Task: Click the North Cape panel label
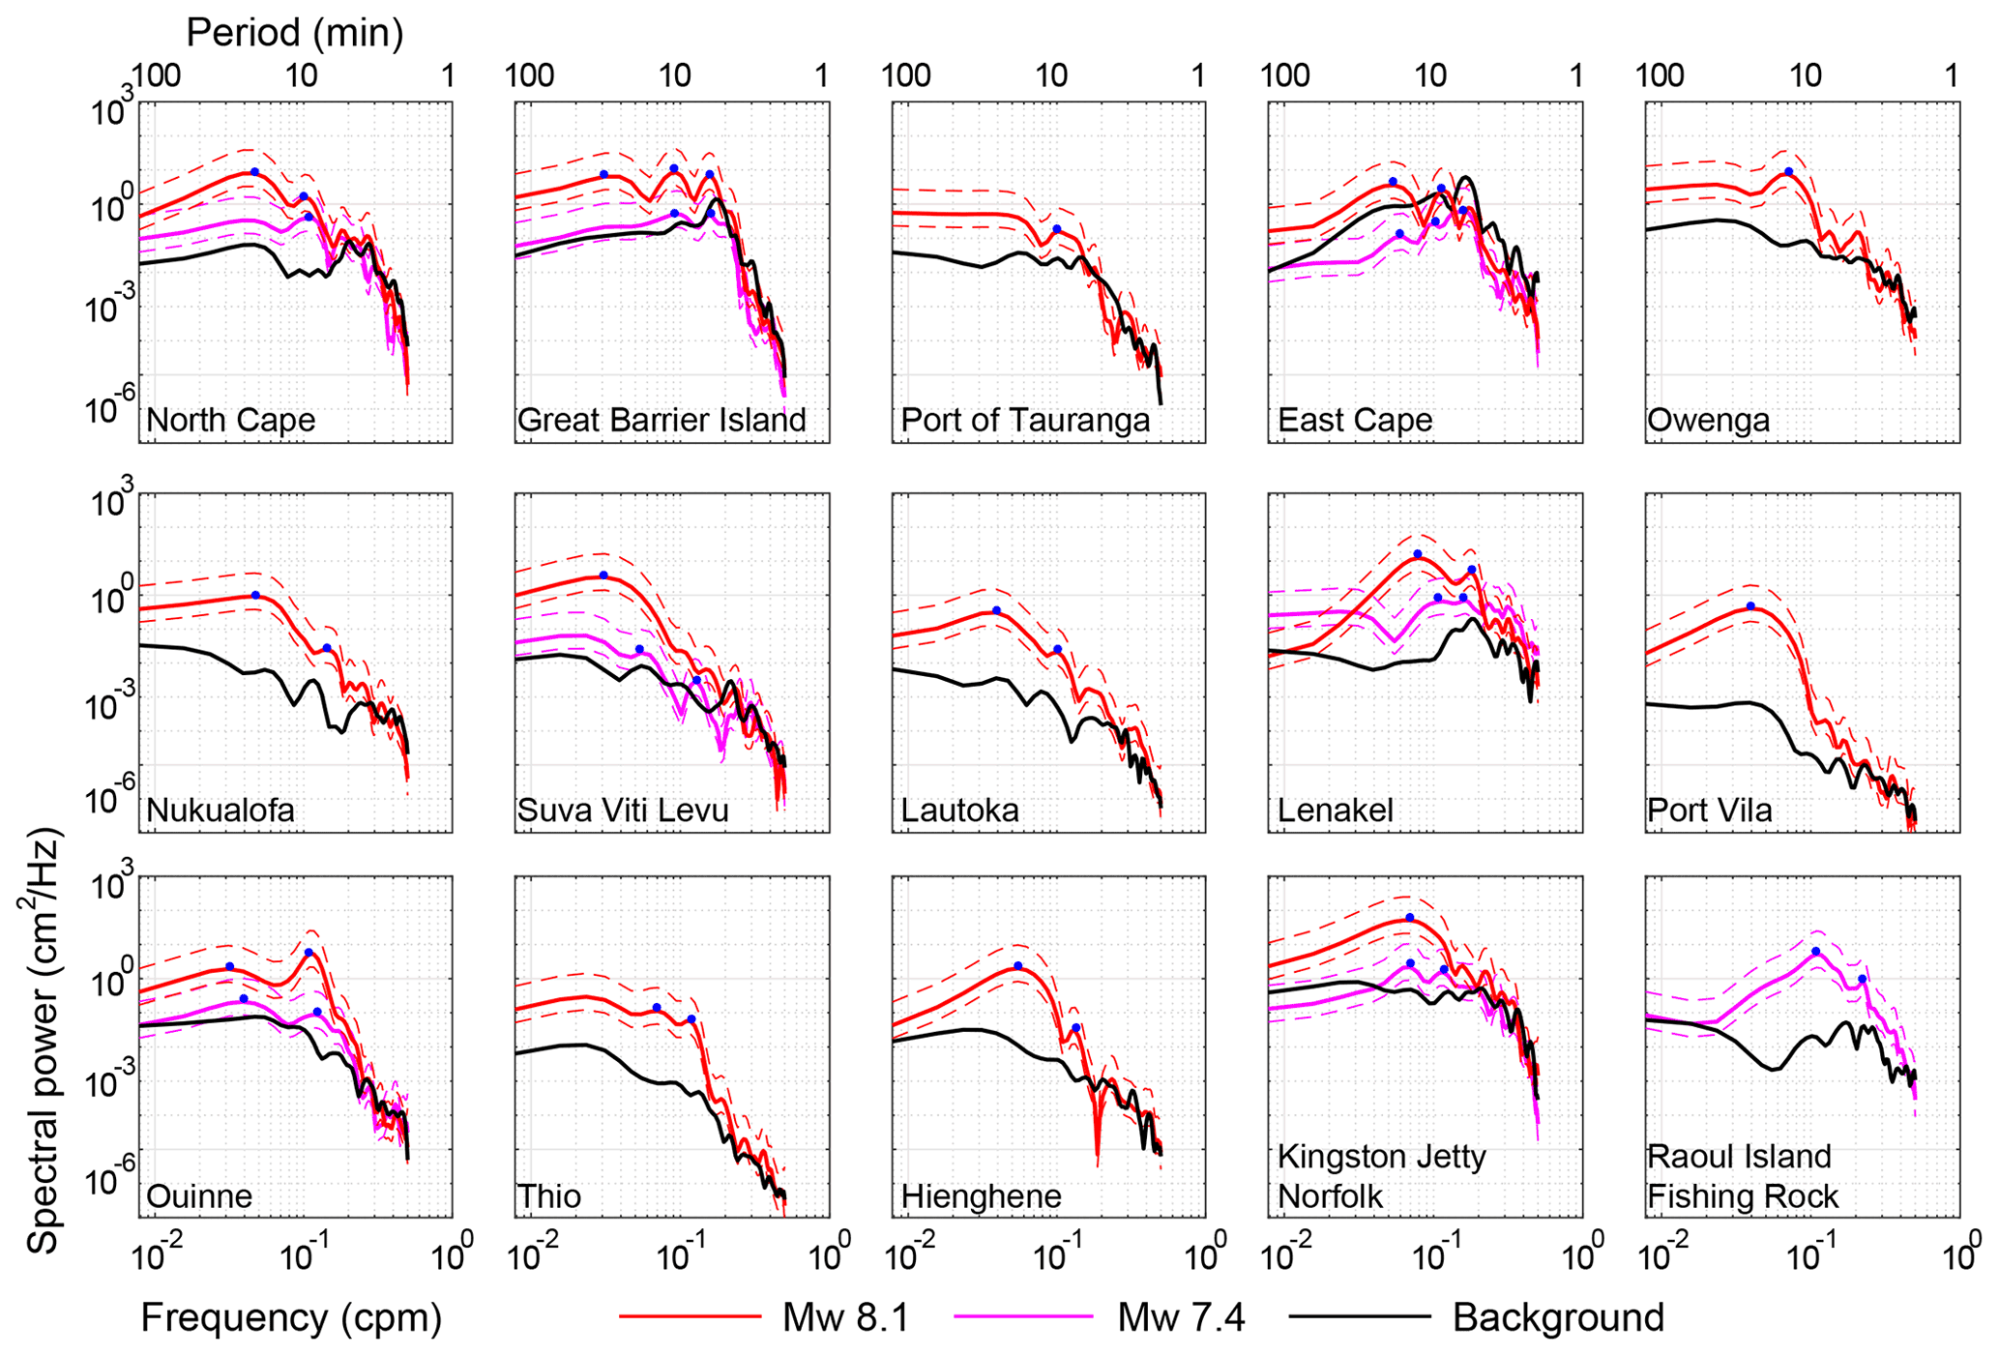(230, 421)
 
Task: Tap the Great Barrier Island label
(661, 421)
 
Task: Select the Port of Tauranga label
(1025, 421)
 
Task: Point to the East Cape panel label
(1354, 421)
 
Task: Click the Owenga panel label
(1708, 421)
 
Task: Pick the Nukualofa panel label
(220, 810)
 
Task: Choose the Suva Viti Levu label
(623, 810)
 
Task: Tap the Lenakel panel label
(1335, 810)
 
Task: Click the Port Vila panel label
(1709, 810)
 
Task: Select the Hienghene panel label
(981, 1197)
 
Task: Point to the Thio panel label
(549, 1197)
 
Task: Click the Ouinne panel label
(199, 1197)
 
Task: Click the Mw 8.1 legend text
(845, 1317)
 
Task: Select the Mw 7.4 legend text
(1181, 1317)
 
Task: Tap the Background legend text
(1558, 1317)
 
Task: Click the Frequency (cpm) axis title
(291, 1317)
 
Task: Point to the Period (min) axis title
(294, 33)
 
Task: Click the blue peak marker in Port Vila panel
(1750, 606)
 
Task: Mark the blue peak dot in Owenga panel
(1788, 171)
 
